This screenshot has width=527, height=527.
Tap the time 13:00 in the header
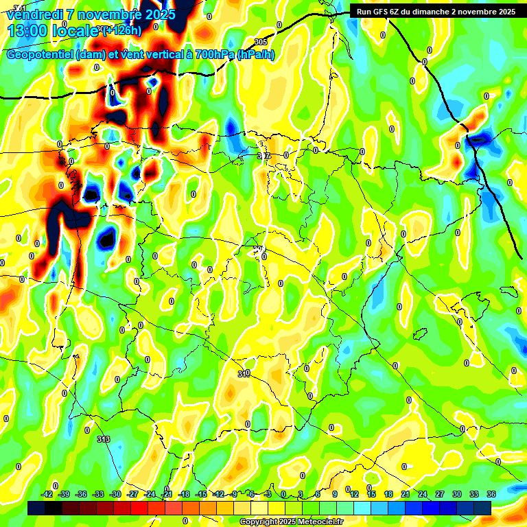click(28, 30)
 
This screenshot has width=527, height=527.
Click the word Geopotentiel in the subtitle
click(40, 55)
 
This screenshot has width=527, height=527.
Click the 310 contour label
click(244, 374)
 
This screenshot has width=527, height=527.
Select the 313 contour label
click(103, 439)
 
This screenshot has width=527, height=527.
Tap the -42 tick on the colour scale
click(47, 494)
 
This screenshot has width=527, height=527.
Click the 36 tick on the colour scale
click(491, 494)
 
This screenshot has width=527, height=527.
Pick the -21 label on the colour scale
click(167, 494)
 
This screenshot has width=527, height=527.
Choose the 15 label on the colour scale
click(371, 494)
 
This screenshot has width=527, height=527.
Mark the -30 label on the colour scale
click(115, 494)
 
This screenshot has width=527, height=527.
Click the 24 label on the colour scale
click(422, 494)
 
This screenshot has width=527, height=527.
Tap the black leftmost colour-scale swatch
click(36, 508)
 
